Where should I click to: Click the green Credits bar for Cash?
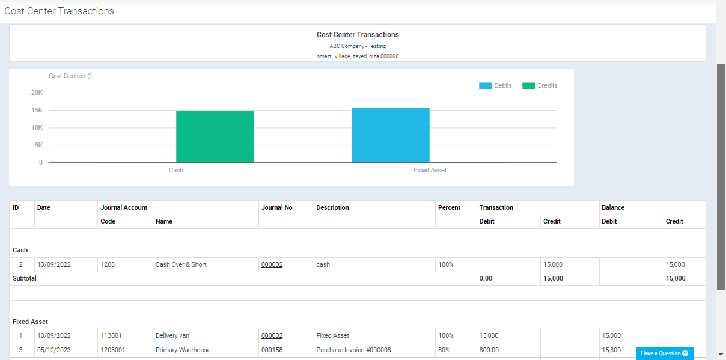215,136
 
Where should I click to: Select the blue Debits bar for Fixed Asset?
391,135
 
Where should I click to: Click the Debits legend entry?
495,86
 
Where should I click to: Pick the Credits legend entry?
540,86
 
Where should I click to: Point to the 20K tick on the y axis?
37,93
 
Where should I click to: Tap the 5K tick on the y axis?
38,145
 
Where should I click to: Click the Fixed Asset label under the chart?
430,170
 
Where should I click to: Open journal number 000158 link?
272,350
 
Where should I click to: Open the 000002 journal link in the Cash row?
272,264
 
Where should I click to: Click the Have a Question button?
664,353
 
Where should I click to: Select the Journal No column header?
277,207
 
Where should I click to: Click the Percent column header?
449,207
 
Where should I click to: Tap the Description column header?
332,207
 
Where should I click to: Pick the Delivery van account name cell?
172,335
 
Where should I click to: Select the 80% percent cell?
445,350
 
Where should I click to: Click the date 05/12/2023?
54,350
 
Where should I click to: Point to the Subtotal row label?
25,278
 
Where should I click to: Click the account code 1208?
108,264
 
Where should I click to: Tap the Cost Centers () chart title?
70,76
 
